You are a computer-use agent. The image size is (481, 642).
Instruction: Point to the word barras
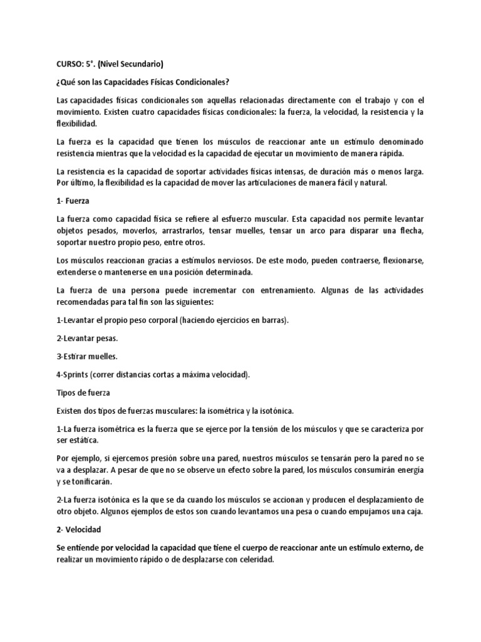pyautogui.click(x=272, y=320)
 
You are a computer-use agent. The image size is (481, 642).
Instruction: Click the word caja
pyautogui.click(x=415, y=511)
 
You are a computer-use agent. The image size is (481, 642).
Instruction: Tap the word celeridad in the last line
pyautogui.click(x=252, y=559)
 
